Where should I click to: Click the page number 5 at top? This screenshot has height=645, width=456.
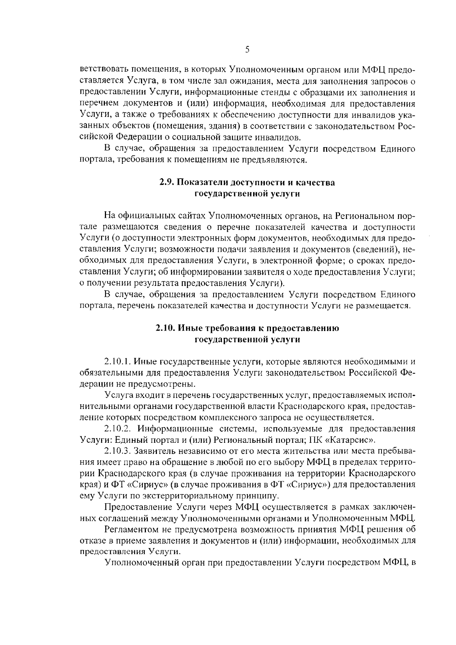[x=247, y=50]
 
